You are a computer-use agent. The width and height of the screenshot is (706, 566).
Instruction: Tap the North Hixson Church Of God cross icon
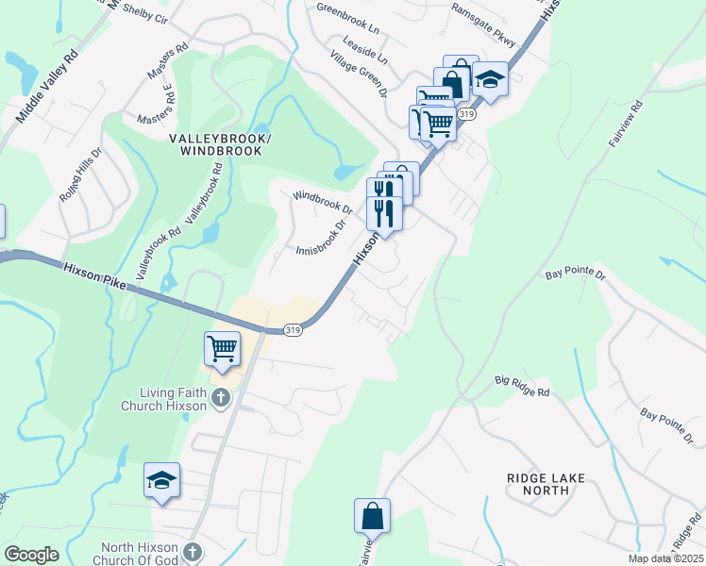point(192,550)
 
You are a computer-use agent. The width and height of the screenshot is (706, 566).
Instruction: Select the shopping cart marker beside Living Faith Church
point(223,348)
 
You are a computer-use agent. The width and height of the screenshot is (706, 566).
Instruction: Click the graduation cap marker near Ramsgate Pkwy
point(490,78)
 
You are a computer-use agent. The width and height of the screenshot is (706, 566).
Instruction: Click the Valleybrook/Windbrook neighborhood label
point(220,144)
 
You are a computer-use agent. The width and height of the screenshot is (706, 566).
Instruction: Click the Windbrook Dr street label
point(322,202)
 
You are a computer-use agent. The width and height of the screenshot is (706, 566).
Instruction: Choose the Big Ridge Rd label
point(522,383)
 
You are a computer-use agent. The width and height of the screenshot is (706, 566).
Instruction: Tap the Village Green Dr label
point(360,75)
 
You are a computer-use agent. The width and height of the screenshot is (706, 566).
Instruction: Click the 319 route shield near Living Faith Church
point(293,330)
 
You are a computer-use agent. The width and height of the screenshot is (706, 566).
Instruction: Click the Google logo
point(31,555)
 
